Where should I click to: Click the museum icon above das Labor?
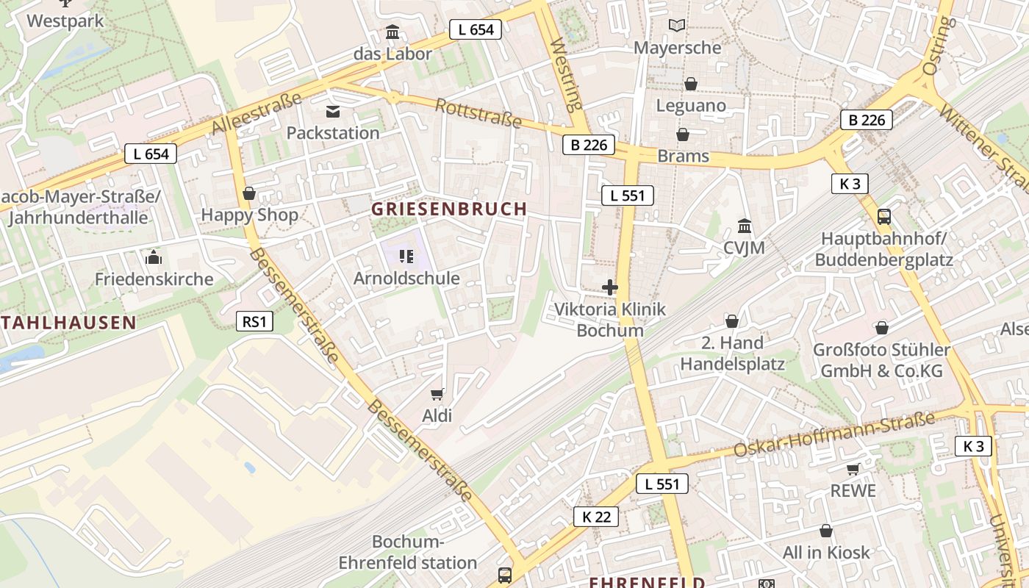[392, 32]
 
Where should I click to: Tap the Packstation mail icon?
[333, 112]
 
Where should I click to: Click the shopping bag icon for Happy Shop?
[249, 193]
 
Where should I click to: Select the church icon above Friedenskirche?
[154, 257]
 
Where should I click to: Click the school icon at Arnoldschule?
[406, 257]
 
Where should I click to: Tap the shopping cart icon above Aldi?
[437, 395]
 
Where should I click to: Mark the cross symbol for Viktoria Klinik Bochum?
[610, 287]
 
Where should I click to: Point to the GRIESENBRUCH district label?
[449, 209]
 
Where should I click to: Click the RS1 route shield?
[254, 321]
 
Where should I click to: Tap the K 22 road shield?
[596, 517]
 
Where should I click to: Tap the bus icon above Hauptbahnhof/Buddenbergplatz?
[883, 217]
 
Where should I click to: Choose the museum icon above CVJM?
[744, 226]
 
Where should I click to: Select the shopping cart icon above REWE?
[853, 469]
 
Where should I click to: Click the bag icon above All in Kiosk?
[826, 531]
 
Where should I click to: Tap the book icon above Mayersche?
[677, 26]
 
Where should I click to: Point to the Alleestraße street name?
[257, 112]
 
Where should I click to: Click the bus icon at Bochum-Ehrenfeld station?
[504, 575]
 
